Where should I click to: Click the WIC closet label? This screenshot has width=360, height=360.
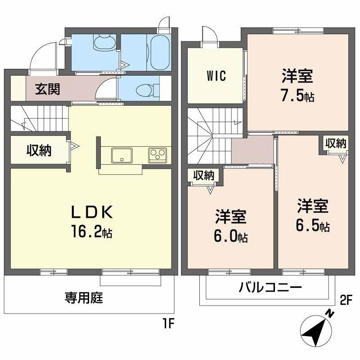point(216,76)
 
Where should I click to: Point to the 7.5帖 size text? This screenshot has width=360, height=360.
point(297,97)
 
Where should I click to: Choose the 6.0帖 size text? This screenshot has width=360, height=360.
point(230,237)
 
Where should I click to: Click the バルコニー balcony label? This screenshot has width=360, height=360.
point(270,287)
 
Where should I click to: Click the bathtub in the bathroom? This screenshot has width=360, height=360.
point(158,51)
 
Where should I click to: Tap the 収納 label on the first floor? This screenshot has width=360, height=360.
point(38,150)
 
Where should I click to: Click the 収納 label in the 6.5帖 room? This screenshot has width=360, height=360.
point(336,144)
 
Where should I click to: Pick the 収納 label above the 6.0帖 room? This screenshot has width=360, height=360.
point(203,175)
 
